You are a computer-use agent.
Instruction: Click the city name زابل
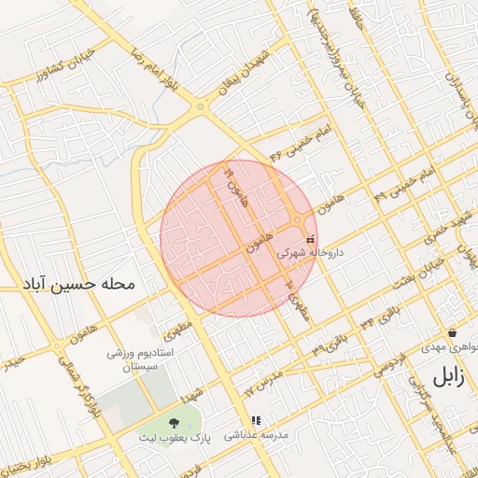(x=446, y=377)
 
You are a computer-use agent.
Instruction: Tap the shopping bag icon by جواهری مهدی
(x=452, y=332)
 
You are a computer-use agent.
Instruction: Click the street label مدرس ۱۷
(x=265, y=380)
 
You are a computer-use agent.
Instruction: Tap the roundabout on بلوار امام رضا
(x=200, y=107)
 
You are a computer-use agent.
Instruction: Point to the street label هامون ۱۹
(x=232, y=187)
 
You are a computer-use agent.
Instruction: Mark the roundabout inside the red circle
(x=297, y=220)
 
